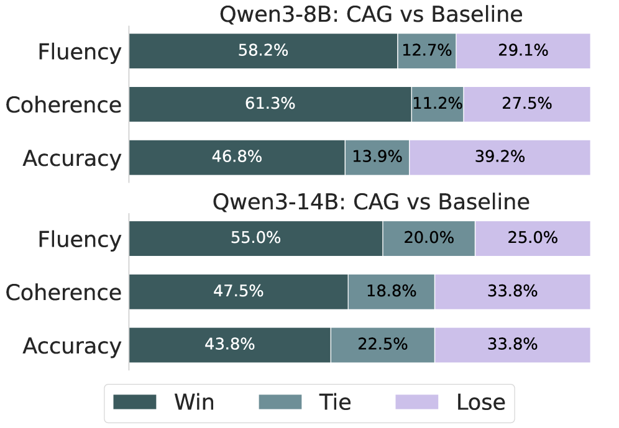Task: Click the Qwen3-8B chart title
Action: [x=371, y=14]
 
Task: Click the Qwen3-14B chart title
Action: [x=371, y=201]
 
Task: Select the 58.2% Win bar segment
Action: [x=264, y=51]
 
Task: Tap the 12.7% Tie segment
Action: [x=427, y=51]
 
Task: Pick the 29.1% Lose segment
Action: [x=523, y=51]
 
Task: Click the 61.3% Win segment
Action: [x=270, y=104]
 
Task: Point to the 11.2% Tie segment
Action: [x=438, y=104]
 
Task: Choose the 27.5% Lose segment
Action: [x=527, y=104]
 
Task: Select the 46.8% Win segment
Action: [x=237, y=157]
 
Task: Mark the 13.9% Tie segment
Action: [x=377, y=157]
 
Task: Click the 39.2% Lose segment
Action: [x=500, y=157]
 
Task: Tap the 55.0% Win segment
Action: [x=256, y=239]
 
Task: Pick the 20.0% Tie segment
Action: [x=429, y=239]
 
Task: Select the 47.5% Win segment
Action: [x=239, y=292]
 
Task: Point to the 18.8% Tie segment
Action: [x=392, y=292]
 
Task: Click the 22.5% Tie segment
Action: [x=383, y=345]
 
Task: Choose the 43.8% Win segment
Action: [x=230, y=345]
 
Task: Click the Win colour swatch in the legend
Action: [x=135, y=402]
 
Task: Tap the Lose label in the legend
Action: [x=481, y=403]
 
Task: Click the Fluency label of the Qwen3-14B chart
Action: [x=80, y=239]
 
